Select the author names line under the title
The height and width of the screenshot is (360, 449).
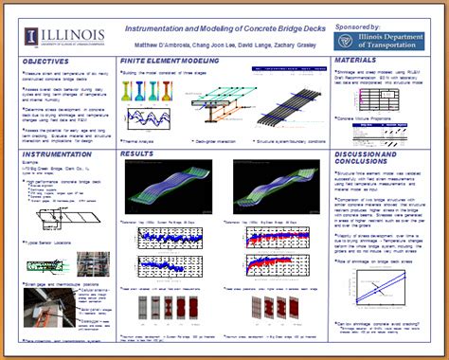click(223, 42)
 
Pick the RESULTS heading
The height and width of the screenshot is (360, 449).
click(137, 153)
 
